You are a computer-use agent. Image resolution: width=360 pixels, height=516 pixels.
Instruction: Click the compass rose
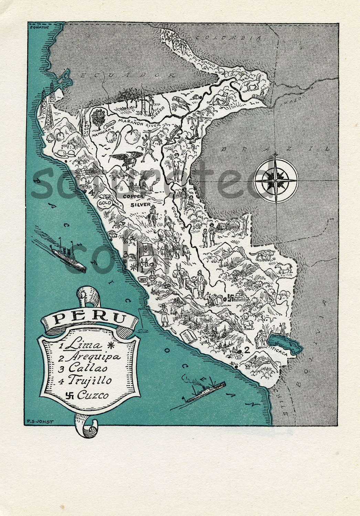(x=276, y=180)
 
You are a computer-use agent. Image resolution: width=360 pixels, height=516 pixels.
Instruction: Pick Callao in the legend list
(x=88, y=368)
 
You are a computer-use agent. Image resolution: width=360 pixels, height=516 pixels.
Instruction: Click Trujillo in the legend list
(x=90, y=380)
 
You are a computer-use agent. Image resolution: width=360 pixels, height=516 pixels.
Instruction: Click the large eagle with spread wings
(x=125, y=159)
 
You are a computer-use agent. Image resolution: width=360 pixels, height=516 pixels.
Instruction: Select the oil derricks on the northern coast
(x=47, y=100)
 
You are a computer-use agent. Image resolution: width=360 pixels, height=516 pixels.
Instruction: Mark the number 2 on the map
(x=246, y=350)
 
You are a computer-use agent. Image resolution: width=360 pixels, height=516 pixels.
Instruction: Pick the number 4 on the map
(x=91, y=193)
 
